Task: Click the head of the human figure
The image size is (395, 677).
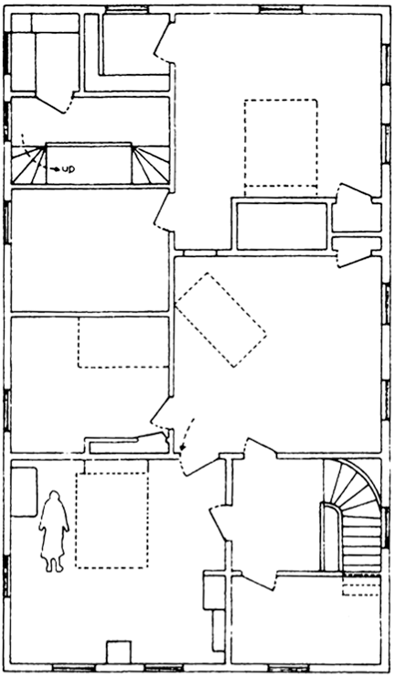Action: [x=54, y=498]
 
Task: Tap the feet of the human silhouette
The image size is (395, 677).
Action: [x=54, y=565]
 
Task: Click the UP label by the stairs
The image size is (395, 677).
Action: [x=69, y=169]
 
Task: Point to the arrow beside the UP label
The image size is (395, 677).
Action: [x=55, y=169]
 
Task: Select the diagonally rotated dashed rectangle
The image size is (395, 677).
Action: [x=220, y=320]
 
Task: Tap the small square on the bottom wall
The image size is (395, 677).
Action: [x=119, y=652]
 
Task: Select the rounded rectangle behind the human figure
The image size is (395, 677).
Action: [x=24, y=492]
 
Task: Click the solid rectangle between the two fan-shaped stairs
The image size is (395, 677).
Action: [x=89, y=164]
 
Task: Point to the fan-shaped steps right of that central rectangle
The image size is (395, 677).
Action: [x=151, y=165]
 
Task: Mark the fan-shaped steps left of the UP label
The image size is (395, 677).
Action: [x=28, y=165]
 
